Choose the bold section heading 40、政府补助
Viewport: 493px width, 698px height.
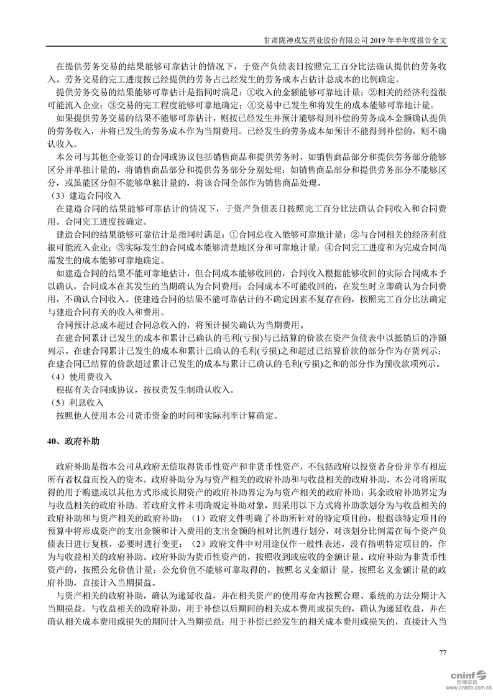point(75,441)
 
